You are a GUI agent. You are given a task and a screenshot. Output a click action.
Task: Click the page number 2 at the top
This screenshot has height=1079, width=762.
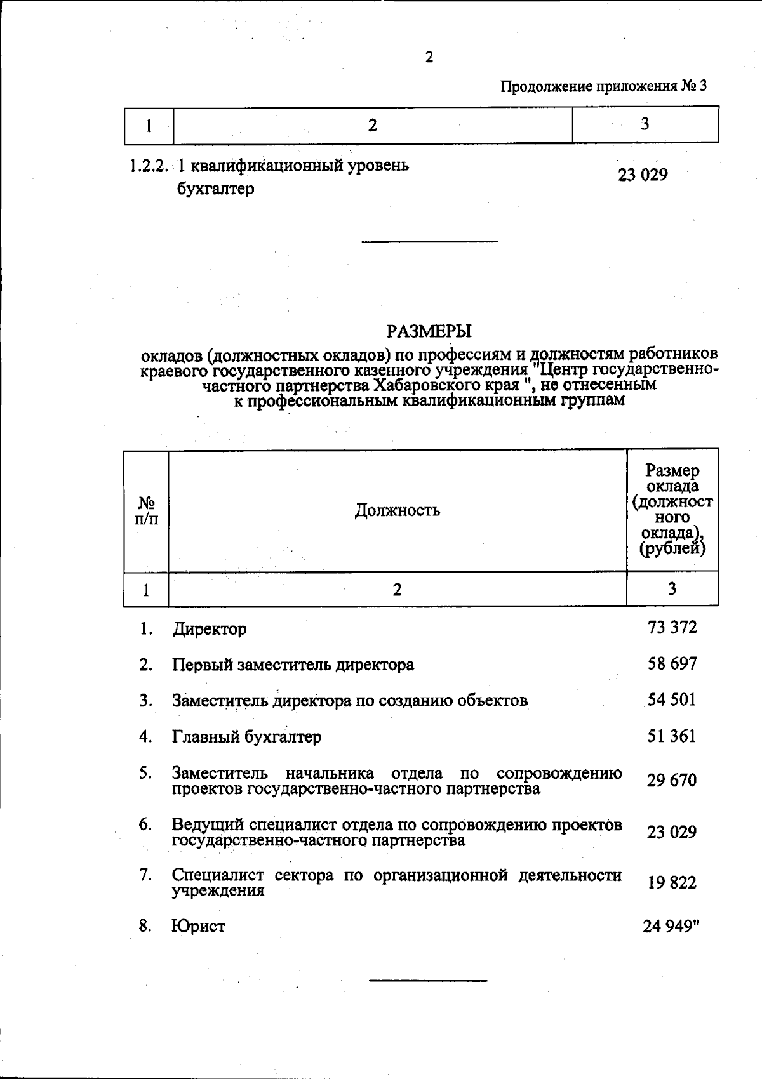tap(429, 58)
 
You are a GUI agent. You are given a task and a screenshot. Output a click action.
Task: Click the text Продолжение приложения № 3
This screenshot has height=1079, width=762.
tap(603, 87)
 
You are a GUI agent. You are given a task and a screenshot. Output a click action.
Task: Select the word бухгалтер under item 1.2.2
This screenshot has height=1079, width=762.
tap(215, 189)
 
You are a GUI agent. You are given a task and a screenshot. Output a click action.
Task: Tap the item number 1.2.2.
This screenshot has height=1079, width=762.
tap(148, 166)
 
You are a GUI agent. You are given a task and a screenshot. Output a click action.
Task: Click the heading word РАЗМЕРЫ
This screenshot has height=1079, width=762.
tap(429, 331)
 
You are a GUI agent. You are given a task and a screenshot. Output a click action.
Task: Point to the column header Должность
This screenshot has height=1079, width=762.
tap(397, 510)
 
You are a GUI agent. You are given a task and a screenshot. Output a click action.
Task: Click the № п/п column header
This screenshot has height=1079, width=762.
tap(146, 510)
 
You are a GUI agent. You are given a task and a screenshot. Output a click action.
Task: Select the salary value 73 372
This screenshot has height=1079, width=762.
tap(672, 628)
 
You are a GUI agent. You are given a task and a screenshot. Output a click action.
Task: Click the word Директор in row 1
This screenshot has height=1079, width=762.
tap(210, 630)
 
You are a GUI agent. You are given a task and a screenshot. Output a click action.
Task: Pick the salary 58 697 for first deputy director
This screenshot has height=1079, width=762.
tap(672, 664)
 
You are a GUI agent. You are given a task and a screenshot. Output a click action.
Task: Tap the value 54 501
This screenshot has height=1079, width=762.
tap(672, 699)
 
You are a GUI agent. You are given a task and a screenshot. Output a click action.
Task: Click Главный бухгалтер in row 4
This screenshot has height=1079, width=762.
tap(246, 737)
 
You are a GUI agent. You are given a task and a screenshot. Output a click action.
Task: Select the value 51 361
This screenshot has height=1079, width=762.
tap(672, 736)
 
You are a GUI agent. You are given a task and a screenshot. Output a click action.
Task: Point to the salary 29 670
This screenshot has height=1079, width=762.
tap(672, 780)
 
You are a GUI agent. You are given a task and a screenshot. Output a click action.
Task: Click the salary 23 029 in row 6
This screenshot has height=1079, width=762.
tap(672, 831)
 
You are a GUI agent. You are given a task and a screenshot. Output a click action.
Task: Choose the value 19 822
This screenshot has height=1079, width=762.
tap(672, 883)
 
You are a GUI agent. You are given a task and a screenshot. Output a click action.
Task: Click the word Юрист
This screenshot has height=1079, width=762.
tap(198, 926)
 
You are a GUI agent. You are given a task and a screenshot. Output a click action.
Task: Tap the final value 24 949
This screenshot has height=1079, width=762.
tap(669, 926)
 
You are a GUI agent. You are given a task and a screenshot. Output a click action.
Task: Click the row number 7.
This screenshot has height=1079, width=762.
tap(145, 875)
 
